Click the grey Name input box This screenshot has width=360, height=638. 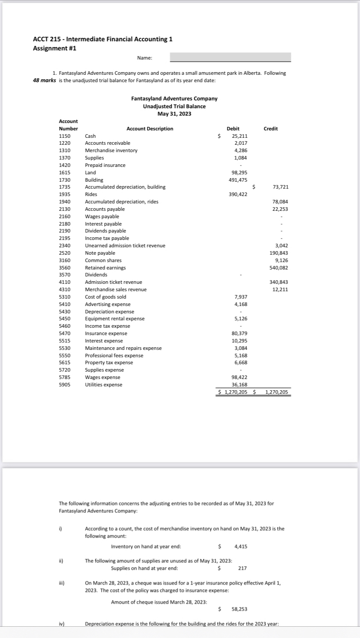coord(230,57)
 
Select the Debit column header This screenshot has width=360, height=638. coord(233,129)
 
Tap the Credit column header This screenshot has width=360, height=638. coord(270,129)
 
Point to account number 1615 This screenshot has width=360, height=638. coord(65,173)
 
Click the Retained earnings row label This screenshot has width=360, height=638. coord(105,268)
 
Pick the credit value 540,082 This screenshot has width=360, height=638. coord(279,268)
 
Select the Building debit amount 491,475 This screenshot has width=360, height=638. coord(238,180)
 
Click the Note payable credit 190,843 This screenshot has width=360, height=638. coord(279,253)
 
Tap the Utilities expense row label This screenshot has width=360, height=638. coord(103,385)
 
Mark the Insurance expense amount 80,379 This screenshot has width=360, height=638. coord(240,333)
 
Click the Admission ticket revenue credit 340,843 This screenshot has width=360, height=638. coord(279,282)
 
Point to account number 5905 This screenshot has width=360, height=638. coord(65,385)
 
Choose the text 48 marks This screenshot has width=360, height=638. coord(44,80)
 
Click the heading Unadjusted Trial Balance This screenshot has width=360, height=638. coord(174,106)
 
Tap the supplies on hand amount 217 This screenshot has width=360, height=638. coord(243,568)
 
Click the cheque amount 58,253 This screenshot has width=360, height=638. coord(240,610)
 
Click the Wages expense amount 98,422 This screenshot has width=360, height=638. coord(240,377)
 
